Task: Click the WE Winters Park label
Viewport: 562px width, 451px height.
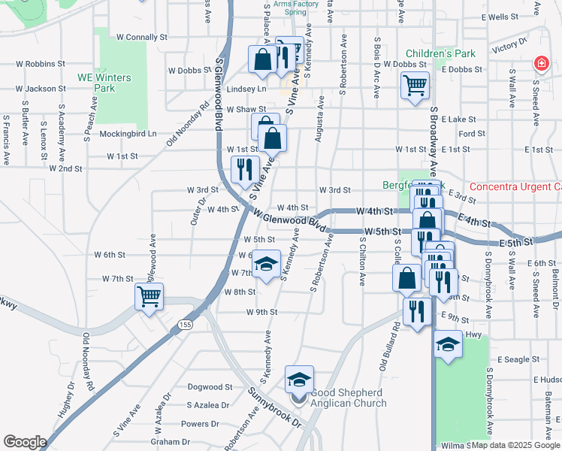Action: [x=104, y=83]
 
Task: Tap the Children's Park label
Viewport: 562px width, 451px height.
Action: [x=442, y=54]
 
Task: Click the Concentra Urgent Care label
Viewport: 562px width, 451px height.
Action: [x=515, y=186]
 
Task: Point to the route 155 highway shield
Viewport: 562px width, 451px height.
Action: [x=184, y=324]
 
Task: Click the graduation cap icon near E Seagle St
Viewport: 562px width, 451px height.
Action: [x=449, y=345]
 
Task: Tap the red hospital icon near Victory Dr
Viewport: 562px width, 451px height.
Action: [x=539, y=65]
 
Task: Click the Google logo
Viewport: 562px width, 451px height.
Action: [x=25, y=441]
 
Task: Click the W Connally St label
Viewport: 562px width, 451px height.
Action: [x=141, y=37]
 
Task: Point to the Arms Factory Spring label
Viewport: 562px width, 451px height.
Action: [x=296, y=8]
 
